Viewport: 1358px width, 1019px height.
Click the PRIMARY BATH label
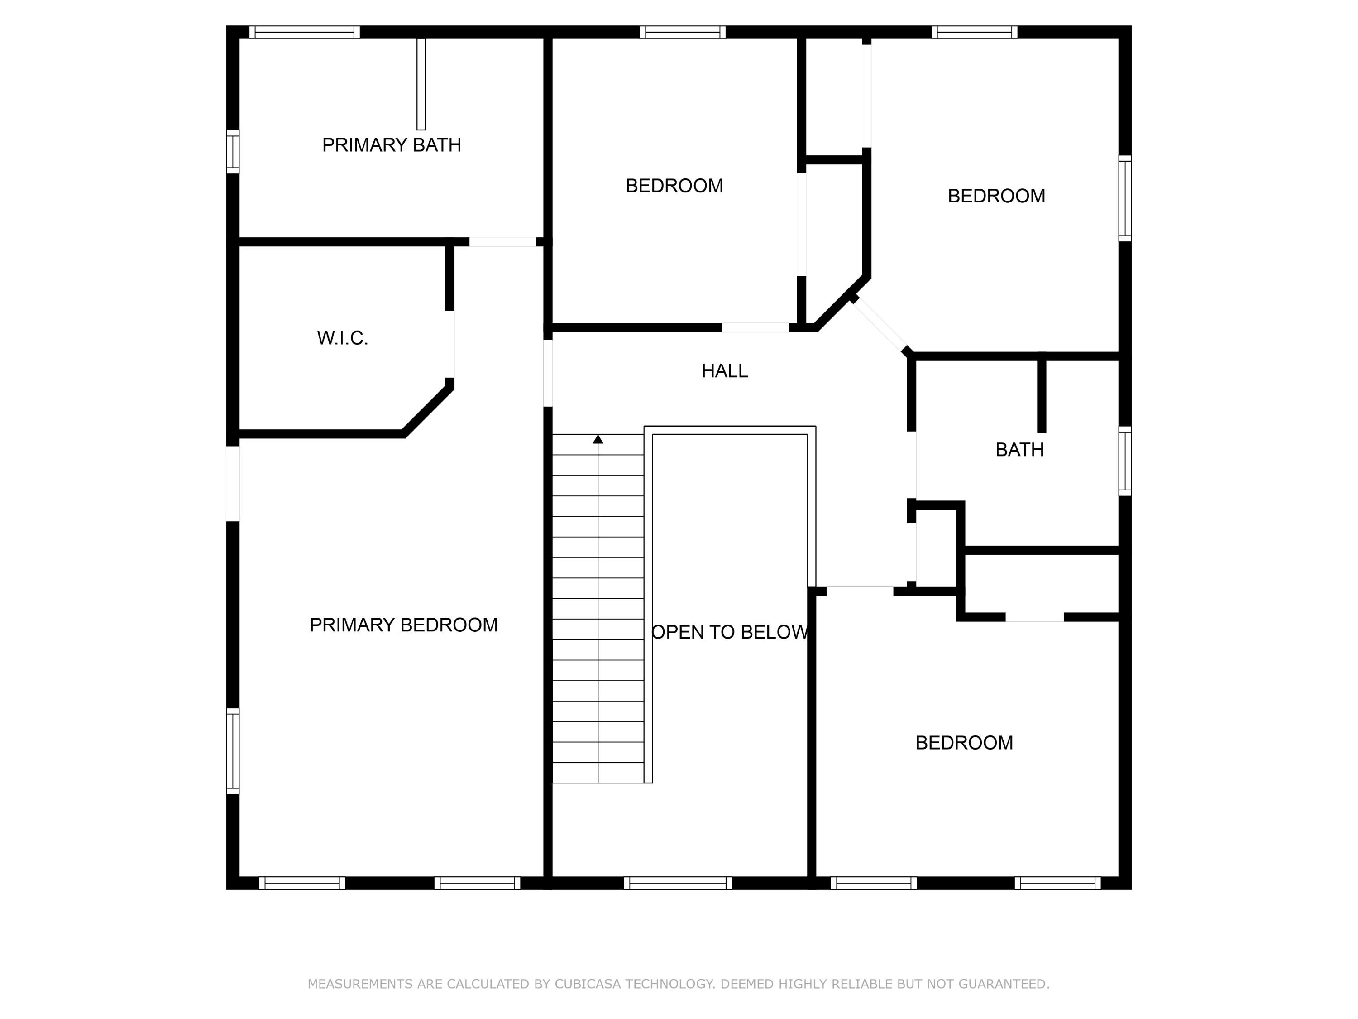(x=392, y=145)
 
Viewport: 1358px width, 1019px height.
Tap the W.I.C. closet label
(x=343, y=338)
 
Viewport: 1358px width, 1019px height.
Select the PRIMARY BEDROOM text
(x=403, y=625)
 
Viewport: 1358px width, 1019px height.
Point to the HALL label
(x=724, y=371)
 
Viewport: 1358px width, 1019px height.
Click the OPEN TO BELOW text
(x=729, y=632)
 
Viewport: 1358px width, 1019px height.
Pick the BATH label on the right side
(x=1019, y=450)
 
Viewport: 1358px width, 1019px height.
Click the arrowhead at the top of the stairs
(x=598, y=439)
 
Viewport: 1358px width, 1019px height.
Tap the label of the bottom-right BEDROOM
(x=964, y=743)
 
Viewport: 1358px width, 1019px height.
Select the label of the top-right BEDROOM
(x=996, y=196)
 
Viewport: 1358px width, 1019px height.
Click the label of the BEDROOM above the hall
(x=674, y=186)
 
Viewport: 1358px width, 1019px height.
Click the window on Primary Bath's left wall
(x=233, y=151)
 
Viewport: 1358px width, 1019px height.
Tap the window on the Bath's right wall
(x=1125, y=461)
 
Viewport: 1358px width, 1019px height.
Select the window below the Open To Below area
(x=678, y=883)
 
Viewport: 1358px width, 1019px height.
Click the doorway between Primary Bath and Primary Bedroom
(x=503, y=242)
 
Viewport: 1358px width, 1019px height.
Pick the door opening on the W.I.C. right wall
(x=449, y=344)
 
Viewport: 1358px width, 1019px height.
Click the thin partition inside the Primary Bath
(x=421, y=84)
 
